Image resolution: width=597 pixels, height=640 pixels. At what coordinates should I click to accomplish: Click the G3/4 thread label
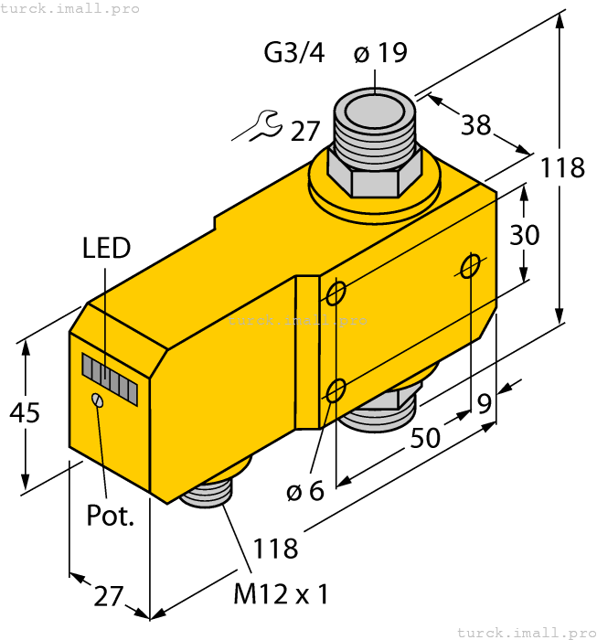(293, 53)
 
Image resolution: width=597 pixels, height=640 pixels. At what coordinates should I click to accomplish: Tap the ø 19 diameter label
(379, 53)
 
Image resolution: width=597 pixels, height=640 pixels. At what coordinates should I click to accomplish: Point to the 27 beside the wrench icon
(305, 132)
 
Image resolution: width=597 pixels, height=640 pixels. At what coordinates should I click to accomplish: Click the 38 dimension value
(475, 125)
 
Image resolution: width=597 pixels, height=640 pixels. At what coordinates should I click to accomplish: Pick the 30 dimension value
(524, 235)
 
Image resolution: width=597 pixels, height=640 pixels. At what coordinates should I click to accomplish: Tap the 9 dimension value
(484, 402)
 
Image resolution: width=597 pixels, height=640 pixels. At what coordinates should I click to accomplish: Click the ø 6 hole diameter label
(304, 491)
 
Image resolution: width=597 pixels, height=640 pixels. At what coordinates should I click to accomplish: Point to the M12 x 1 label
(281, 594)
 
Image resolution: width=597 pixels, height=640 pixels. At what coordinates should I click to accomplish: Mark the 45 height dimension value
(25, 413)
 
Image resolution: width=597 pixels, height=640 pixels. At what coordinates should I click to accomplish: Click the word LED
(106, 248)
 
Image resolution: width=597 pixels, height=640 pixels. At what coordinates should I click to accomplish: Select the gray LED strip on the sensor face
(109, 379)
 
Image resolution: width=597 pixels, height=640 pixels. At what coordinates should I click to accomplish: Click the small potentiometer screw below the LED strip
(98, 400)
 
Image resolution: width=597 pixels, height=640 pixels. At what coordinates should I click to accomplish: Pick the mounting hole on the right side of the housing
(470, 265)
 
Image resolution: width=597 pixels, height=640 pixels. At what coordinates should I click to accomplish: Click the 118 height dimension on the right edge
(561, 168)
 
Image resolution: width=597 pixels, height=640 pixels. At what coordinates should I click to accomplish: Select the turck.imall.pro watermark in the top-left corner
(70, 8)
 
